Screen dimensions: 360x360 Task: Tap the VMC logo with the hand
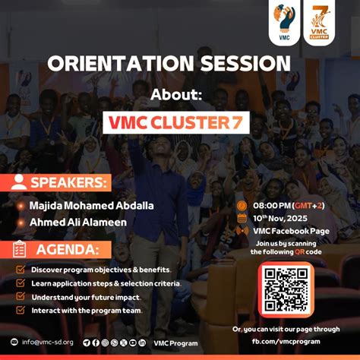pyautogui.click(x=285, y=22)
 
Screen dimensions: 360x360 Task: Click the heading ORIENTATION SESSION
pyautogui.click(x=169, y=63)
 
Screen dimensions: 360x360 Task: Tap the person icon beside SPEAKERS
pyautogui.click(x=19, y=182)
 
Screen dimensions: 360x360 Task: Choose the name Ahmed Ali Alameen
pyautogui.click(x=77, y=222)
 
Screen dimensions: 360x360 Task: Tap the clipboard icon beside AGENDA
pyautogui.click(x=20, y=249)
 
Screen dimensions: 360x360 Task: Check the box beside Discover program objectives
pyautogui.click(x=20, y=270)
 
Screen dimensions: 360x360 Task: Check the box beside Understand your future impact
pyautogui.click(x=20, y=297)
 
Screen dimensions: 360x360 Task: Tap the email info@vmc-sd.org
pyautogui.click(x=47, y=343)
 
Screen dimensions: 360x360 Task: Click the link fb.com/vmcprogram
pyautogui.click(x=286, y=341)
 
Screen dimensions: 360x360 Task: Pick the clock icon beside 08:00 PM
pyautogui.click(x=242, y=205)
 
